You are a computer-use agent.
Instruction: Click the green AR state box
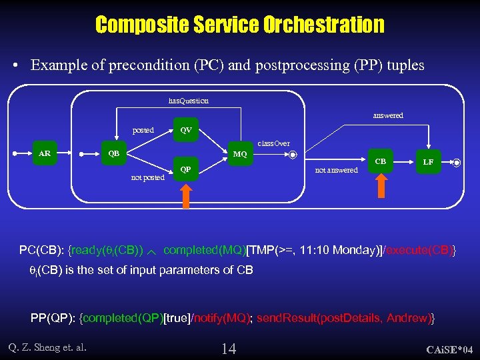pos(45,154)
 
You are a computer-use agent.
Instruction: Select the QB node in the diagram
pos(114,154)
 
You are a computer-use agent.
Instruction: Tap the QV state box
pos(186,130)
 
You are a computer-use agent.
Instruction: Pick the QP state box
pos(186,169)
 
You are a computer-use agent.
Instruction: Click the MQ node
pos(240,155)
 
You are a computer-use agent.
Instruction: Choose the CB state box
pos(380,161)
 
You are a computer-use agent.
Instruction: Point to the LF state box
pos(428,162)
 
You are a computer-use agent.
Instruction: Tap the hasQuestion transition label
pos(189,101)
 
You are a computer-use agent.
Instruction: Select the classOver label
pos(274,143)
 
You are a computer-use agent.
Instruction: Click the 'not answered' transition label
pos(336,170)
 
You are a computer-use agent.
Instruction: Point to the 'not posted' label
pos(148,177)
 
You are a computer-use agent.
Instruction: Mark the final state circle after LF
pos(457,162)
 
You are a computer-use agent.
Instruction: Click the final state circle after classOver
pos(293,155)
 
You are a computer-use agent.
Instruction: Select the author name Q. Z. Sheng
pos(47,346)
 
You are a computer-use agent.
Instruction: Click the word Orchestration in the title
pos(323,25)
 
